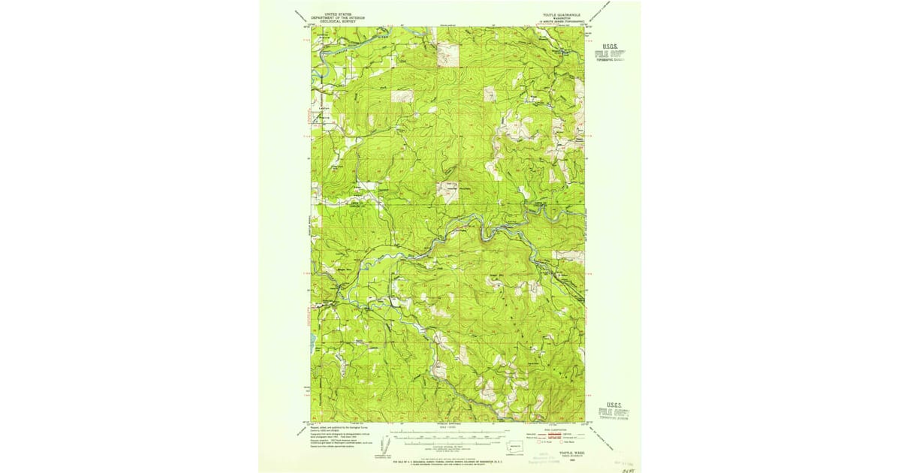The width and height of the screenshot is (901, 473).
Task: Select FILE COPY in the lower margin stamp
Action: click(610, 411)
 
